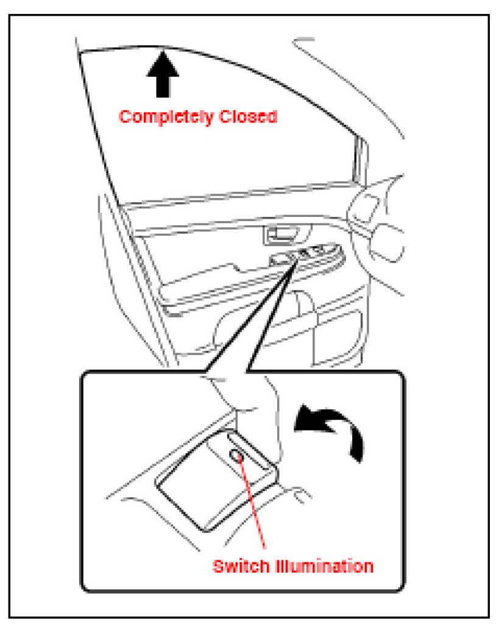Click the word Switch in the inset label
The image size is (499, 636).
(x=238, y=566)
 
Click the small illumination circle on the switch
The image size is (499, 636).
(x=236, y=455)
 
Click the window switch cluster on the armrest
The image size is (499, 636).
(x=305, y=254)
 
